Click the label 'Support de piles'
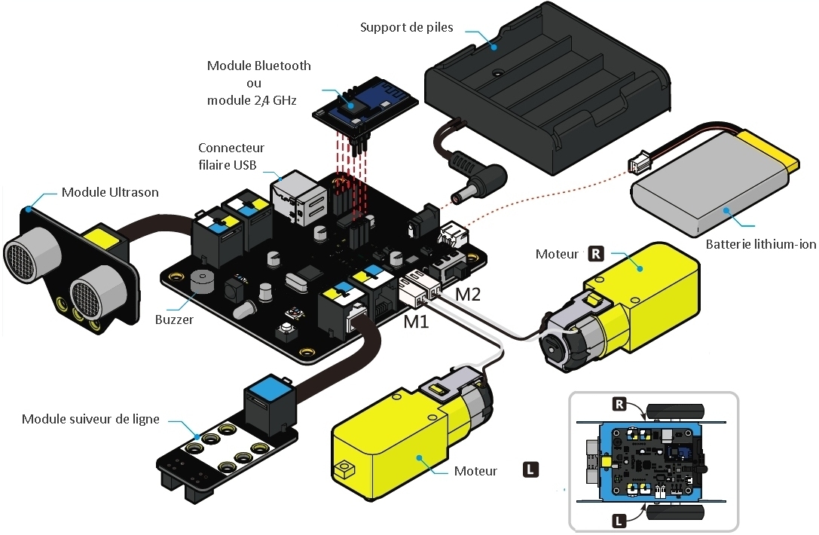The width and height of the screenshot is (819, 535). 407,28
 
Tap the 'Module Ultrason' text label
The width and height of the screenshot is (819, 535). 110,192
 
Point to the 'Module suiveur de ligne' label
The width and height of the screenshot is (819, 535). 90,419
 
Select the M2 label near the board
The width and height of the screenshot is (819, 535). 467,295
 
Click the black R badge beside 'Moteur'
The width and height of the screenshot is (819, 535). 595,253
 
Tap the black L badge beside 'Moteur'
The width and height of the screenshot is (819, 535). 531,470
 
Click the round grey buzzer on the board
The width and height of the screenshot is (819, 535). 201,280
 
